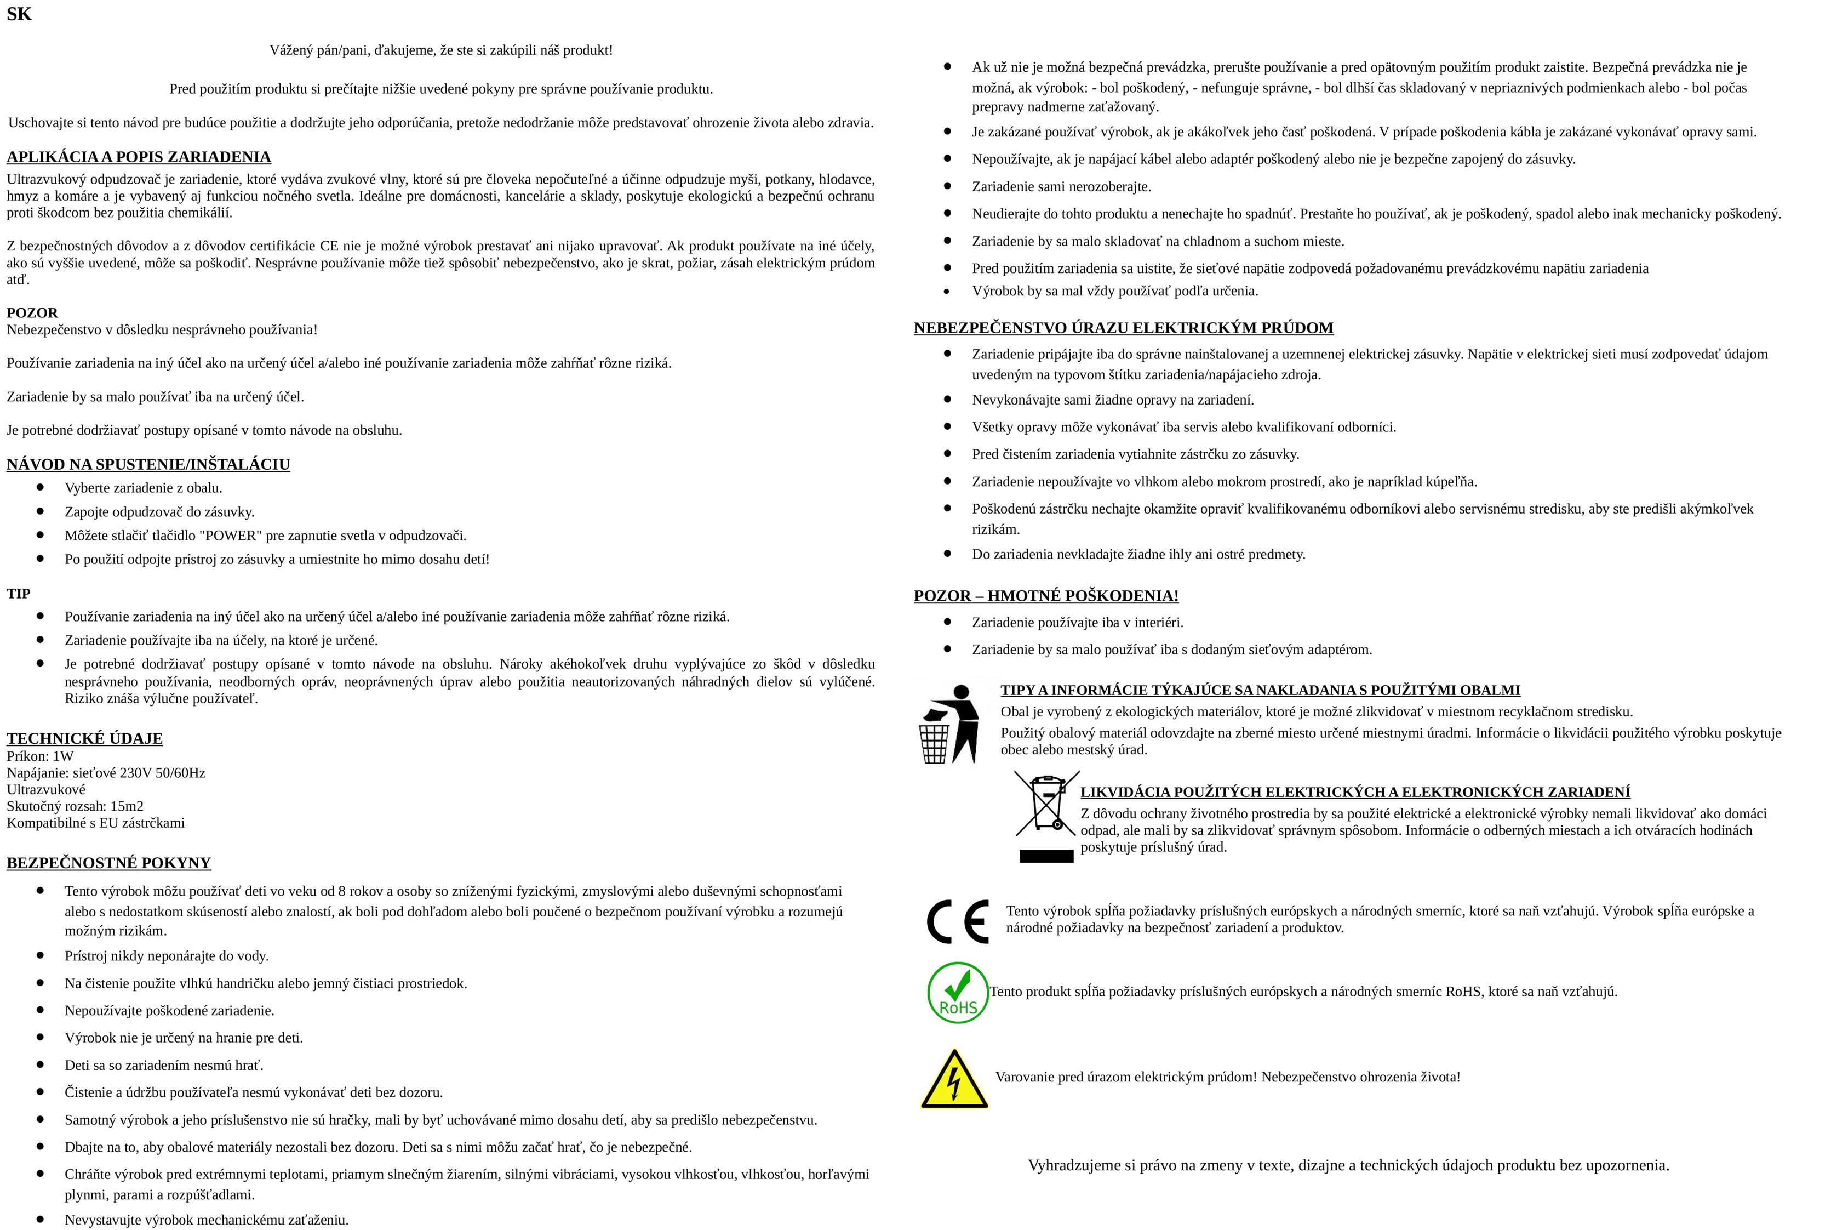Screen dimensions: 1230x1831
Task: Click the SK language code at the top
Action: point(19,14)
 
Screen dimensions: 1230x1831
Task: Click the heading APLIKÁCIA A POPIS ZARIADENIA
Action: point(139,157)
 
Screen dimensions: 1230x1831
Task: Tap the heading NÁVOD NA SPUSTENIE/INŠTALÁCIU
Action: point(148,464)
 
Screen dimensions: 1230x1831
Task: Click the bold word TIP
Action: point(19,594)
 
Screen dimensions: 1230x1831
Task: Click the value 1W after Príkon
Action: point(63,756)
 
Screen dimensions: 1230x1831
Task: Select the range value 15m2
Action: point(126,806)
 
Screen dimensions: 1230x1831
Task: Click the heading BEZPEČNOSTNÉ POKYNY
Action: point(109,863)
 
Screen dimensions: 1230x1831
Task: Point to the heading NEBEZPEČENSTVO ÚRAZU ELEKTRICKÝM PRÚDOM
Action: point(1124,328)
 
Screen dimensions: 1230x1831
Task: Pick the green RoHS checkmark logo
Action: point(958,992)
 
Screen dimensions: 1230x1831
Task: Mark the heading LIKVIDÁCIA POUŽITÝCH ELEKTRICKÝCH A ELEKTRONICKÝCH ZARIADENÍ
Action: point(1355,792)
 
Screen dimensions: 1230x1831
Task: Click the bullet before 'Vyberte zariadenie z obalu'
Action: point(41,487)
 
